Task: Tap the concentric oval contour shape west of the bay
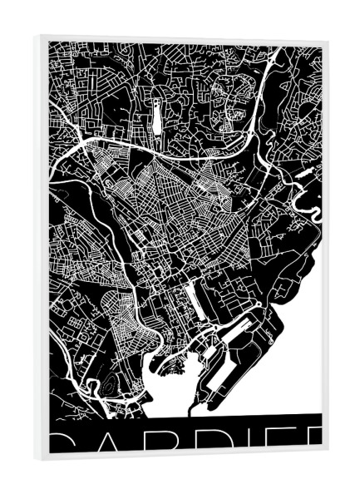106,385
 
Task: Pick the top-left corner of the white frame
37,37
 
